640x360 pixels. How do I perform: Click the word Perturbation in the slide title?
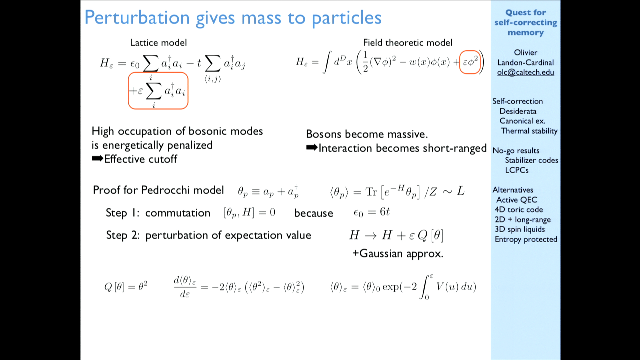coord(137,18)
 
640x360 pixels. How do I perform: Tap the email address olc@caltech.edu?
coord(526,72)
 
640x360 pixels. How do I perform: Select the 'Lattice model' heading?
coord(158,43)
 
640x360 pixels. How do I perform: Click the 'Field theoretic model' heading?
coord(407,43)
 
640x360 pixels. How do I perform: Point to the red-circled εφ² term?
coord(470,62)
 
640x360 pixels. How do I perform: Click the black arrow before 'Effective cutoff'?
coord(97,159)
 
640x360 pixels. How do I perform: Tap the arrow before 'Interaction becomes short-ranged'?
coord(312,148)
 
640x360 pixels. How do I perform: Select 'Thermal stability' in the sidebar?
coord(529,131)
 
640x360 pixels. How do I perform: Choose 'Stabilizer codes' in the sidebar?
coord(531,160)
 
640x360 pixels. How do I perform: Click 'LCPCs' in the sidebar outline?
coord(517,170)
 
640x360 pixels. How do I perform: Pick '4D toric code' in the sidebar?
coord(519,210)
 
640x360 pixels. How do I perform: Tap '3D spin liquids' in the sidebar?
coord(520,229)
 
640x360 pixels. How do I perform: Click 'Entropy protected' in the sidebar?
coord(526,239)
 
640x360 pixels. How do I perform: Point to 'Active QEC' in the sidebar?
coord(517,200)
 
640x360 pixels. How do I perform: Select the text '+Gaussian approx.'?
coord(398,254)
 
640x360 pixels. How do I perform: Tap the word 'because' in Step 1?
coord(313,213)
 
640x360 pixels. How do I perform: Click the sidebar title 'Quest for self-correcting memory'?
coord(526,22)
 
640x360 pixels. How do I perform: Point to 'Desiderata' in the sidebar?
coord(518,111)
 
